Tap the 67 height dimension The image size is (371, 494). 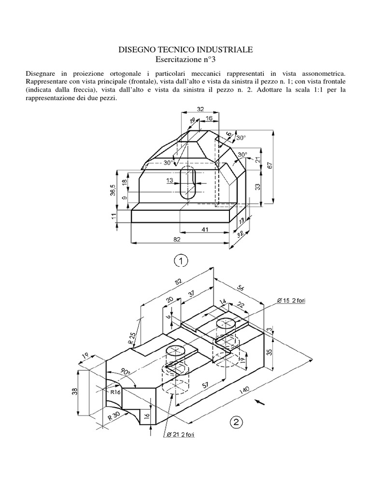click(x=271, y=165)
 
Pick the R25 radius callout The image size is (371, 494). click(x=132, y=337)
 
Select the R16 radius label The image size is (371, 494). click(x=115, y=392)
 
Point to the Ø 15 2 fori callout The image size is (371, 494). click(x=294, y=302)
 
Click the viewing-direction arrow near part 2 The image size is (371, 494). click(x=262, y=401)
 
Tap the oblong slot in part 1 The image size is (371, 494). click(x=187, y=183)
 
